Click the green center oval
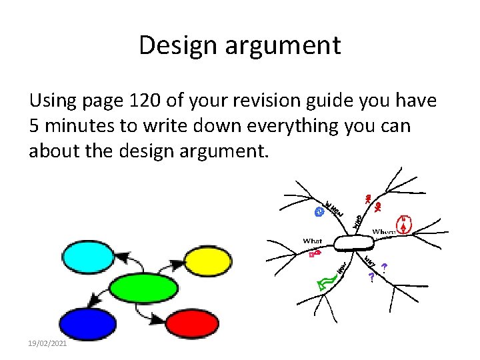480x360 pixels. [143, 288]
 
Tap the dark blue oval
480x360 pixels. [88, 323]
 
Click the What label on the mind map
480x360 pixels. [313, 241]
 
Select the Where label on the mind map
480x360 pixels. [384, 232]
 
